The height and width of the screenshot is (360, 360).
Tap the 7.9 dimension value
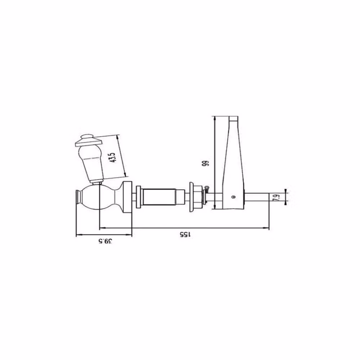point(277,197)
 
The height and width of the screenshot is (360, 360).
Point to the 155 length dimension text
point(185,234)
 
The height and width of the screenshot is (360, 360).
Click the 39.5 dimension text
point(105,241)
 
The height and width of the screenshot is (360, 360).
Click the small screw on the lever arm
point(234,197)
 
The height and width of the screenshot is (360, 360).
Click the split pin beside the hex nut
point(207,189)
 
